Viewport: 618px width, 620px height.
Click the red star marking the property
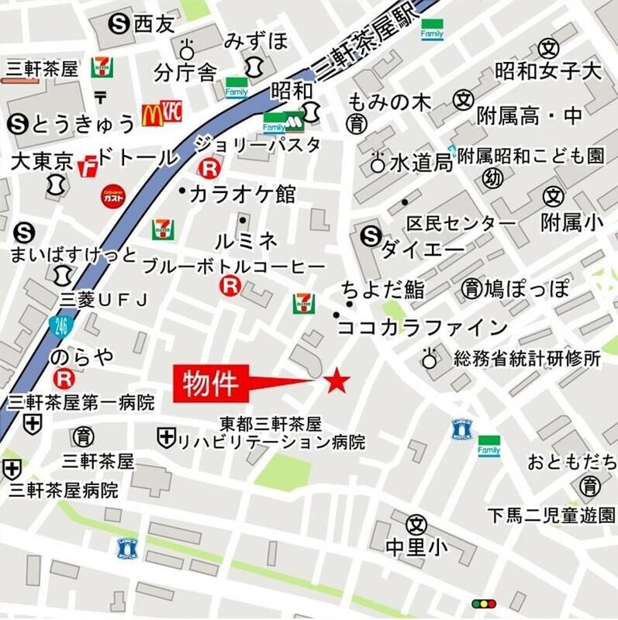[x=337, y=381]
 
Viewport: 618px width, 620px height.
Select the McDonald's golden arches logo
[x=151, y=116]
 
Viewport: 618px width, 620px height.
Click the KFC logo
[x=171, y=113]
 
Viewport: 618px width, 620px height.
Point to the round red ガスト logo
[x=112, y=197]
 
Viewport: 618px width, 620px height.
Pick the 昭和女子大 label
[x=548, y=72]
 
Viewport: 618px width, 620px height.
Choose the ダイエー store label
[x=422, y=250]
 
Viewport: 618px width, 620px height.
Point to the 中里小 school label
[x=416, y=547]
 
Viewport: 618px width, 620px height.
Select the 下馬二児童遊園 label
[x=551, y=514]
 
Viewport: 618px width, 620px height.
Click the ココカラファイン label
[x=423, y=326]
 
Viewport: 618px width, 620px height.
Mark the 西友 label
[x=155, y=26]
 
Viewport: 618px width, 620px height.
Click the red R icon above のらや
[x=64, y=378]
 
